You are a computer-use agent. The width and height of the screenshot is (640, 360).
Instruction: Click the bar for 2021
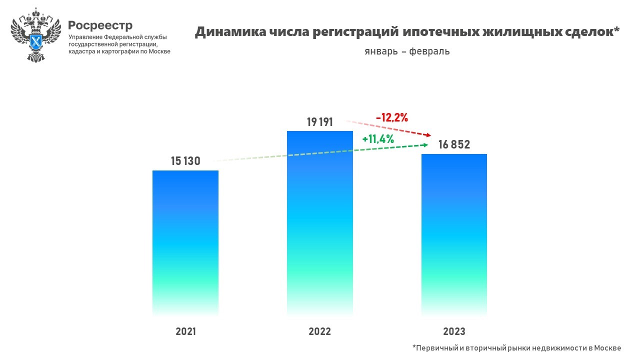pyautogui.click(x=185, y=242)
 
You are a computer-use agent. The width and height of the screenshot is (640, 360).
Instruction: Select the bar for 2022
pyautogui.click(x=319, y=222)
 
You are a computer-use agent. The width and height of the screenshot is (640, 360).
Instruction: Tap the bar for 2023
pyautogui.click(x=454, y=234)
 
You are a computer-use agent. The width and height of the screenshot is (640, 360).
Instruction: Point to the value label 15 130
pyautogui.click(x=185, y=161)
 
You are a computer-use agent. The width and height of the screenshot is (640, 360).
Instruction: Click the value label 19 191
pyautogui.click(x=319, y=122)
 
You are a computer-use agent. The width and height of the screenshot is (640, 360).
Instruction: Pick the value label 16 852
pyautogui.click(x=454, y=145)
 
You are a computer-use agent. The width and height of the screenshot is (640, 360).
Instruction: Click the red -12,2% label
pyautogui.click(x=392, y=118)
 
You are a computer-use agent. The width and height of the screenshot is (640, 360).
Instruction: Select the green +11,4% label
pyautogui.click(x=378, y=139)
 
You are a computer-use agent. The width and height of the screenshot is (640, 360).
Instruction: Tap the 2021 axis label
pyautogui.click(x=186, y=331)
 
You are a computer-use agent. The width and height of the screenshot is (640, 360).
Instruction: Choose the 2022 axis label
pyautogui.click(x=319, y=331)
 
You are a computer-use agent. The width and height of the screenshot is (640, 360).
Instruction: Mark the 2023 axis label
pyautogui.click(x=454, y=331)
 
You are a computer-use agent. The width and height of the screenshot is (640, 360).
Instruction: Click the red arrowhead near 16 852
pyautogui.click(x=428, y=135)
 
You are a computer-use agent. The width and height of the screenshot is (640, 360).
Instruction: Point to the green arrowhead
pyautogui.click(x=425, y=145)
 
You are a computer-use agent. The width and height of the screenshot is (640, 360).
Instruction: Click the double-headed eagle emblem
pyautogui.click(x=35, y=34)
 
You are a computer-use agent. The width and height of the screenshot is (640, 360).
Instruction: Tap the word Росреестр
pyautogui.click(x=100, y=25)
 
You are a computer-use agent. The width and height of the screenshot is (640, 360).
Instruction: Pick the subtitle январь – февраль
pyautogui.click(x=407, y=51)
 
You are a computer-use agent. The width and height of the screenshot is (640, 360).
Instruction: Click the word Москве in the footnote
pyautogui.click(x=606, y=348)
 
